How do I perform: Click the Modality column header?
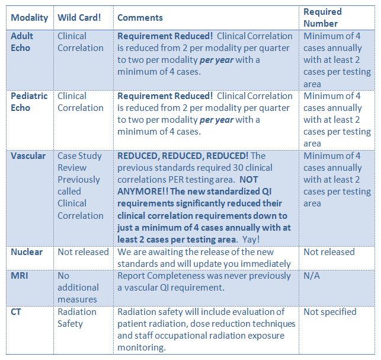tap(30, 18)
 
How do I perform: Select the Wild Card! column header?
tap(79, 18)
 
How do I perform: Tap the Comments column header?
tap(140, 18)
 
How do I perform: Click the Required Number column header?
tap(322, 17)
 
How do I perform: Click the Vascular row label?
tap(28, 156)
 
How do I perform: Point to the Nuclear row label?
tap(27, 252)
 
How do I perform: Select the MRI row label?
tap(20, 276)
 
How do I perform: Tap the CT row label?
tap(16, 312)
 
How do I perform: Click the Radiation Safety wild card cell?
tap(77, 318)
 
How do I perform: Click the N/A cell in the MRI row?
tap(312, 276)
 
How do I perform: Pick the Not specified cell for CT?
tap(330, 312)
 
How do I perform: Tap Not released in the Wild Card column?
tap(83, 252)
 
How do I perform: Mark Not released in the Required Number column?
tap(329, 252)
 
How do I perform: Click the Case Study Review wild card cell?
tap(79, 186)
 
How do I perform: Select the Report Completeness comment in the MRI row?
tap(204, 282)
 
